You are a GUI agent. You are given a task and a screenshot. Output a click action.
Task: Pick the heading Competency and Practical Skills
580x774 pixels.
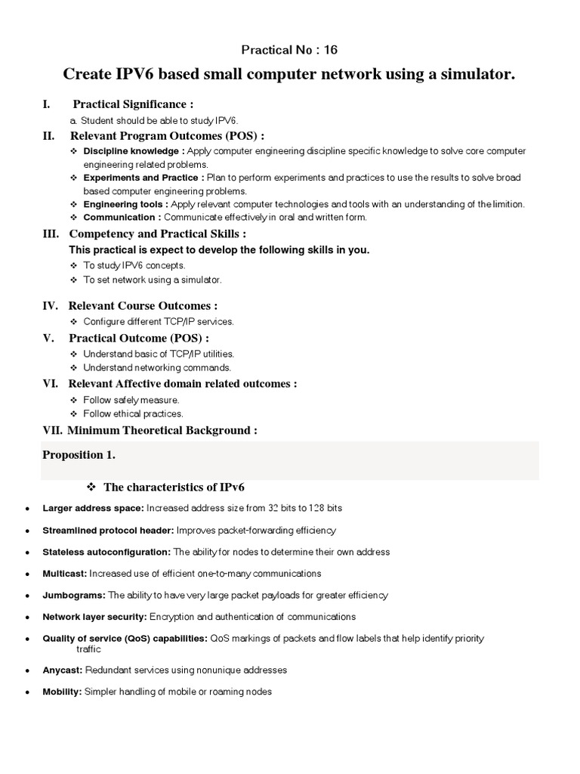tap(157, 234)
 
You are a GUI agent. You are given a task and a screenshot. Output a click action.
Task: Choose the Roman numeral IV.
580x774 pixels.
tap(51, 306)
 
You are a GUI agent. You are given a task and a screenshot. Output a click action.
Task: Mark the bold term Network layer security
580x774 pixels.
tap(95, 618)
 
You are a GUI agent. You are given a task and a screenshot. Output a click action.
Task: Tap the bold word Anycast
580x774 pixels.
tap(63, 670)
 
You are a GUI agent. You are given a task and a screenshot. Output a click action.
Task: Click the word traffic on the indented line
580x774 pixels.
tap(88, 649)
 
